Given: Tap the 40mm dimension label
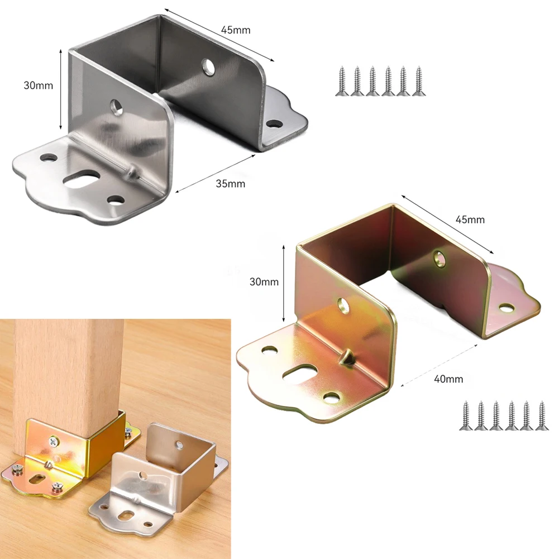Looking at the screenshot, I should pyautogui.click(x=448, y=379).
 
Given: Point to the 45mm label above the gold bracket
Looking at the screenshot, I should pyautogui.click(x=470, y=219).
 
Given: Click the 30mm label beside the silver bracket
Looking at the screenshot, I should pyautogui.click(x=38, y=85).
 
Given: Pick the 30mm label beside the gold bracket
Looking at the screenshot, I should pyautogui.click(x=263, y=282).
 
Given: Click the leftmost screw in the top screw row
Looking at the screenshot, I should pyautogui.click(x=341, y=81).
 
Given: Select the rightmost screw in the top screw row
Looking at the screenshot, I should pyautogui.click(x=417, y=81).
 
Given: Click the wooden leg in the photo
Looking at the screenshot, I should pyautogui.click(x=67, y=369).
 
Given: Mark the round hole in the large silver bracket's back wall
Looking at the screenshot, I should pyautogui.click(x=210, y=66).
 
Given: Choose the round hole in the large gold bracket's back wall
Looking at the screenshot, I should pyautogui.click(x=440, y=257).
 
